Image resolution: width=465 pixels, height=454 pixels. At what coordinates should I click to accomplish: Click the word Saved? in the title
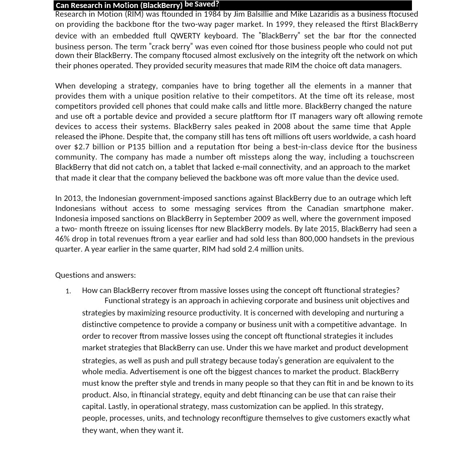207,4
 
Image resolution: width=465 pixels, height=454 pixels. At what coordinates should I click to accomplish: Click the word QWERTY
185,36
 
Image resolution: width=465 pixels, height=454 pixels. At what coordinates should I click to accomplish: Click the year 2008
282,127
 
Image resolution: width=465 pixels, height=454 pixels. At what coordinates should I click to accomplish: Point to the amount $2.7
82,147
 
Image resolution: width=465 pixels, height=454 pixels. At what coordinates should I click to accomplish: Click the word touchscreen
392,157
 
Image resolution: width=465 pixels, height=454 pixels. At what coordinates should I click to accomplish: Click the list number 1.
68,291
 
